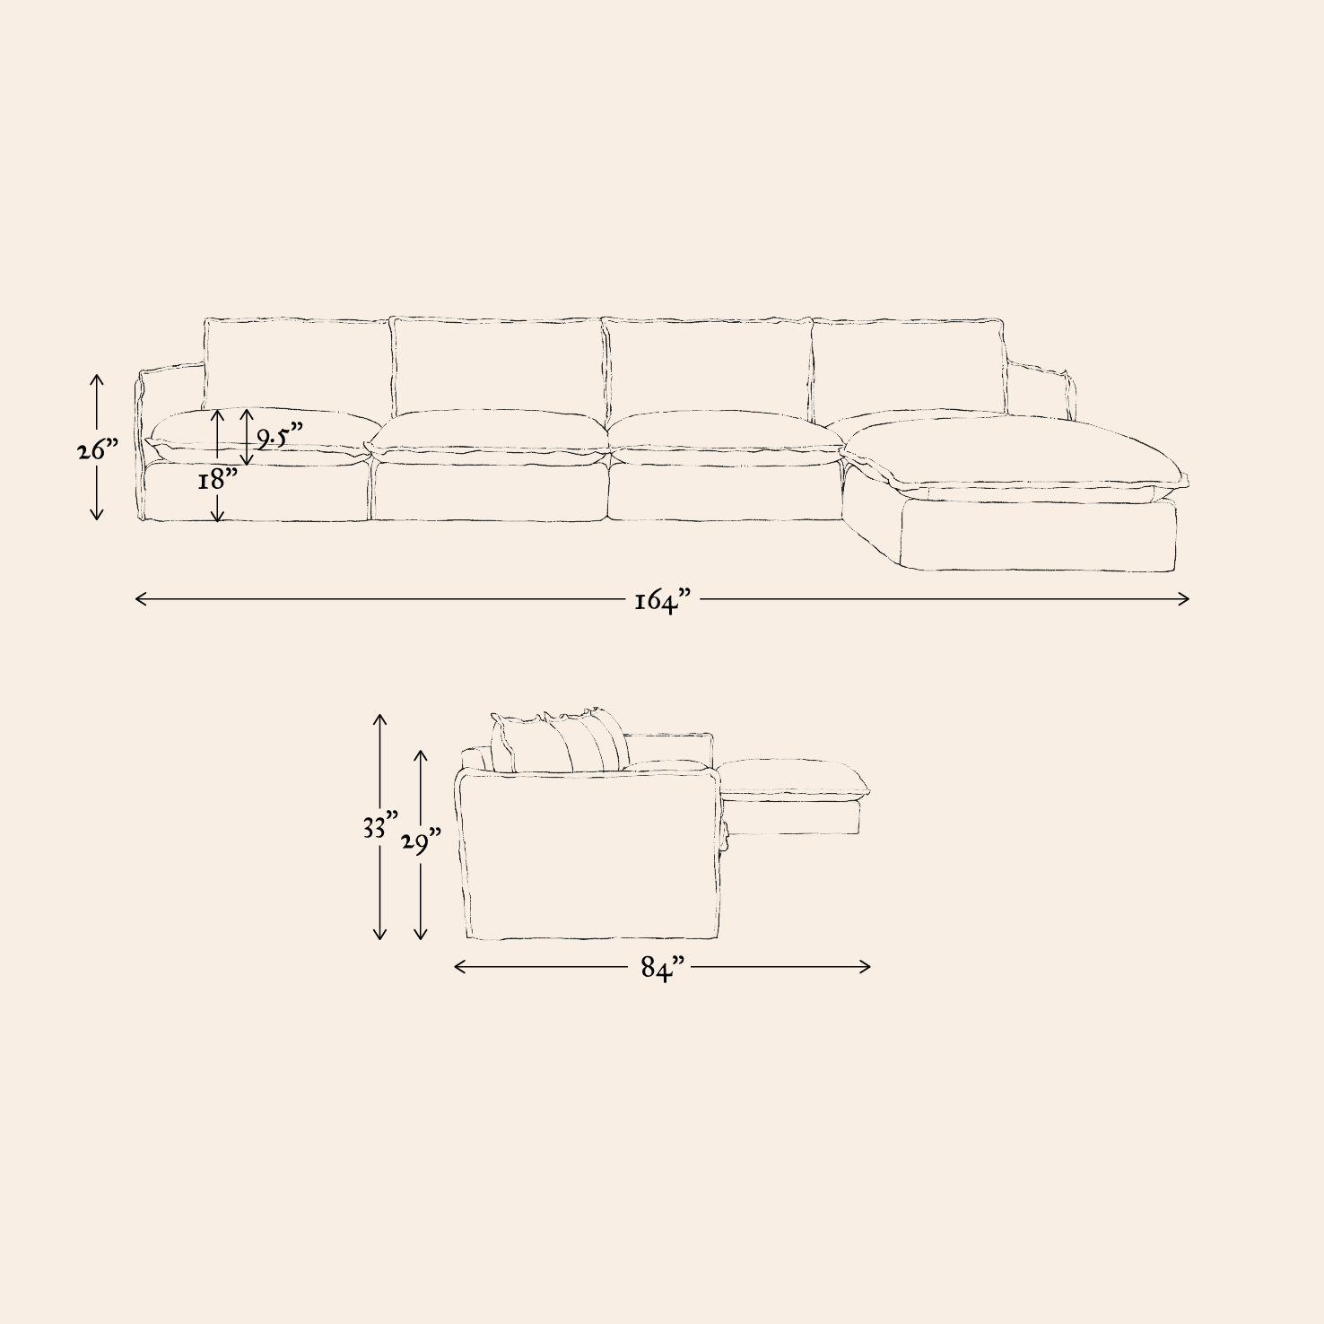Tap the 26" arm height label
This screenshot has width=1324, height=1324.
point(98,449)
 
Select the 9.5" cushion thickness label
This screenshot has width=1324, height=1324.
point(280,437)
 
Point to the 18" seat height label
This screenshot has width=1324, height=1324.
point(218,479)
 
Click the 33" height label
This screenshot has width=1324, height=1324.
point(380,826)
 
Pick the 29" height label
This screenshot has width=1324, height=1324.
point(421,843)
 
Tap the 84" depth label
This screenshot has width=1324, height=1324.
point(663,968)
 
